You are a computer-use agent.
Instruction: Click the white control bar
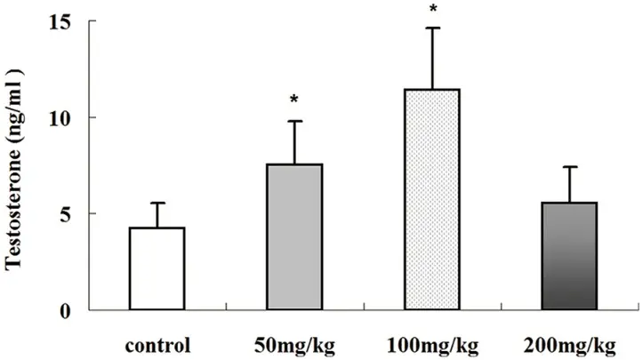pos(157,268)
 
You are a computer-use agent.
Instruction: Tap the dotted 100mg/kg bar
pos(432,199)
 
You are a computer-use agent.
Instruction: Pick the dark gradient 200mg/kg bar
pos(570,256)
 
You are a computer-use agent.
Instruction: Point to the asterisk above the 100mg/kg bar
pos(432,10)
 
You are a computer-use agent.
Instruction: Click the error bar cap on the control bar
pos(157,203)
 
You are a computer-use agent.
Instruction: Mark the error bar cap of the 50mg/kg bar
pos(294,121)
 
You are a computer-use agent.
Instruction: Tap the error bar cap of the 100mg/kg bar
pos(432,28)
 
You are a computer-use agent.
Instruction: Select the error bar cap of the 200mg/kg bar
pos(570,167)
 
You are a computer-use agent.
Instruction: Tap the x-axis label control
pos(157,341)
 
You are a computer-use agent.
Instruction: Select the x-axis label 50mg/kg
pos(294,341)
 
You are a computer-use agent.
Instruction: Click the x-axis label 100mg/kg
pos(433,341)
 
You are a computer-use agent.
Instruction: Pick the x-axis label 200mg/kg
pos(571,341)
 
